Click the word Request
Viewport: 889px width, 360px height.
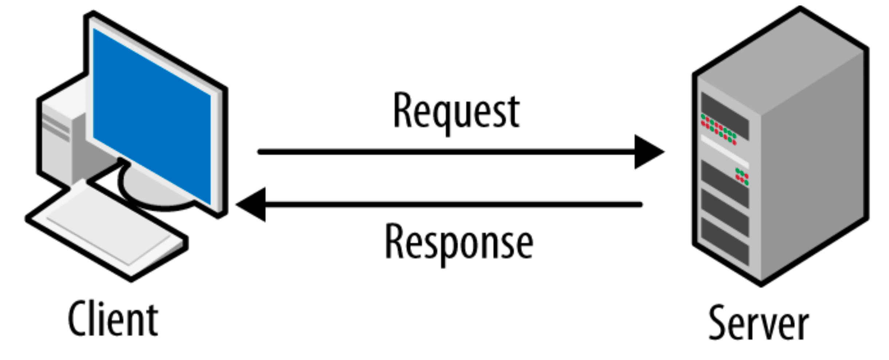[x=456, y=111]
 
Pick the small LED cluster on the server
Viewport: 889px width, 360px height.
[x=742, y=177]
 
